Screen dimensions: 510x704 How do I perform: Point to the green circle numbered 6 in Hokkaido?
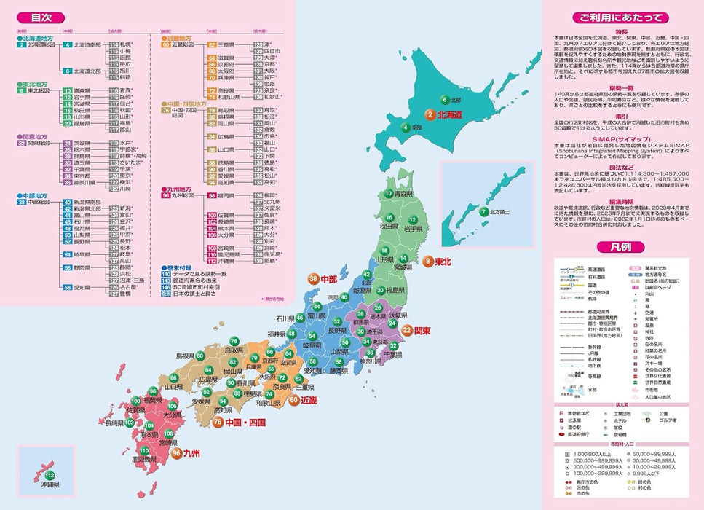point(443,99)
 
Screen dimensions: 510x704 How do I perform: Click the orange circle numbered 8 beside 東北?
point(428,260)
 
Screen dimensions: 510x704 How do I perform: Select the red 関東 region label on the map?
point(423,330)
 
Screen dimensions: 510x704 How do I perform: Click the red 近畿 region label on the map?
point(309,400)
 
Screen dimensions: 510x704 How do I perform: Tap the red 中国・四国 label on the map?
point(245,422)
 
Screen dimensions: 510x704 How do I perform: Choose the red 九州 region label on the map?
point(190,452)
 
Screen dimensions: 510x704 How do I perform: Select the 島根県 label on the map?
point(187,356)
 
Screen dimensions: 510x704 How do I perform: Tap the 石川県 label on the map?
point(285,318)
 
